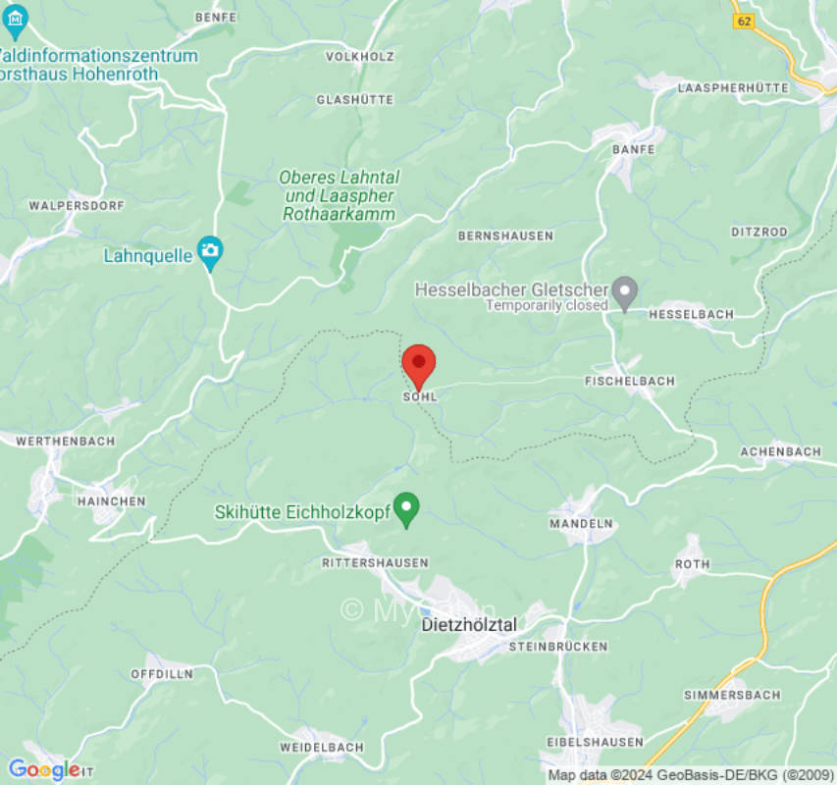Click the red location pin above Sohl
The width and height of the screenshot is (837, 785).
pyautogui.click(x=419, y=365)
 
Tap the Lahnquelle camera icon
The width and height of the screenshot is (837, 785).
pyautogui.click(x=209, y=252)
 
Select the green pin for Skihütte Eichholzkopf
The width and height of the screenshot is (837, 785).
pyautogui.click(x=406, y=509)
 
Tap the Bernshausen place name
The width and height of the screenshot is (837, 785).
pyautogui.click(x=505, y=235)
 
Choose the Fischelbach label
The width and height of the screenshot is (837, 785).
pyautogui.click(x=629, y=381)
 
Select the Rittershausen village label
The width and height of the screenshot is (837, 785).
pyautogui.click(x=375, y=562)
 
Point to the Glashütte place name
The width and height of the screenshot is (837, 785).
pyautogui.click(x=354, y=100)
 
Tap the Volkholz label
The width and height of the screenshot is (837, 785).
pyautogui.click(x=359, y=57)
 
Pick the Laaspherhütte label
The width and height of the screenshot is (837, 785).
pyautogui.click(x=733, y=87)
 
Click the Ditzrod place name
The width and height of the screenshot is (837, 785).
pyautogui.click(x=759, y=232)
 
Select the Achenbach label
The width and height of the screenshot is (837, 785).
pyautogui.click(x=780, y=451)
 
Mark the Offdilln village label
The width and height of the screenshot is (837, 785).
pyautogui.click(x=162, y=674)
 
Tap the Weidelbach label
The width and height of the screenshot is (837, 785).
pyautogui.click(x=321, y=747)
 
